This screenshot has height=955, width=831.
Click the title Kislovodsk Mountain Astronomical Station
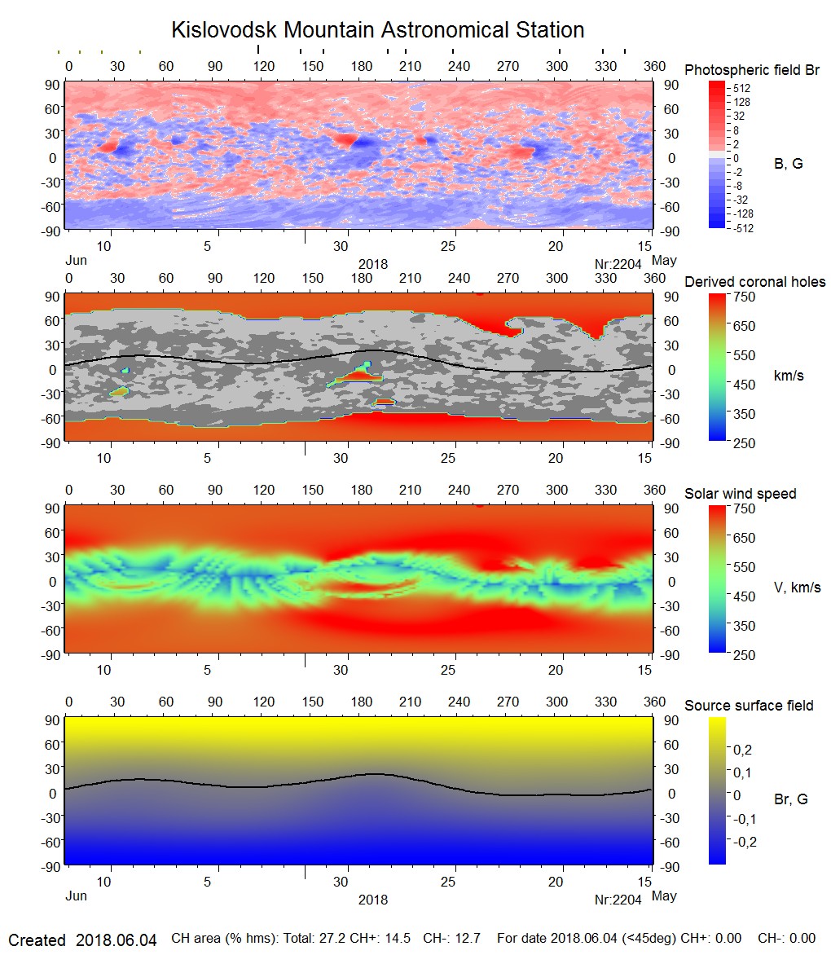377,30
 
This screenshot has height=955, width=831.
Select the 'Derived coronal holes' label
754,282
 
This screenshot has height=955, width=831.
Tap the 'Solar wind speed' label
740,494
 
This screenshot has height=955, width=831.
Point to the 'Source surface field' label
749,705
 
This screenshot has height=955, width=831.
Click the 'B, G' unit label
788,164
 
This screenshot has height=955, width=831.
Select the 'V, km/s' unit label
797,588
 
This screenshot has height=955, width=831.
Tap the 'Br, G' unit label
790,799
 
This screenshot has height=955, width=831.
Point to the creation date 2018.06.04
116,940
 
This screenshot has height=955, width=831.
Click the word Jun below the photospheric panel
76,262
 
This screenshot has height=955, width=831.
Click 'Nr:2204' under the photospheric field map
618,264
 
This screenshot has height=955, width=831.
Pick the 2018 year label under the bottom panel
373,900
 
